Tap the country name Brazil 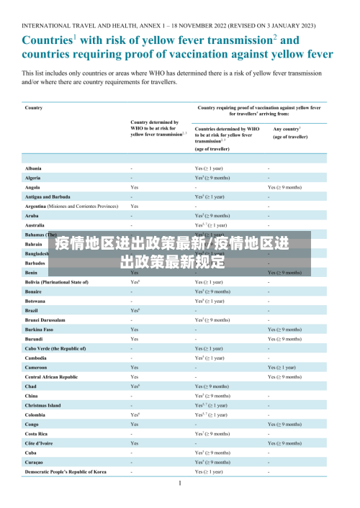(x=33, y=309)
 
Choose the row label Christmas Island (x=43, y=405)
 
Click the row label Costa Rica (x=37, y=433)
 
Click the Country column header (x=34, y=108)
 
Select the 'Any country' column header (x=287, y=129)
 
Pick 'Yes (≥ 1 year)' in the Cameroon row (x=283, y=367)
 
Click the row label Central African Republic (x=51, y=376)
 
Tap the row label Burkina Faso (x=39, y=329)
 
